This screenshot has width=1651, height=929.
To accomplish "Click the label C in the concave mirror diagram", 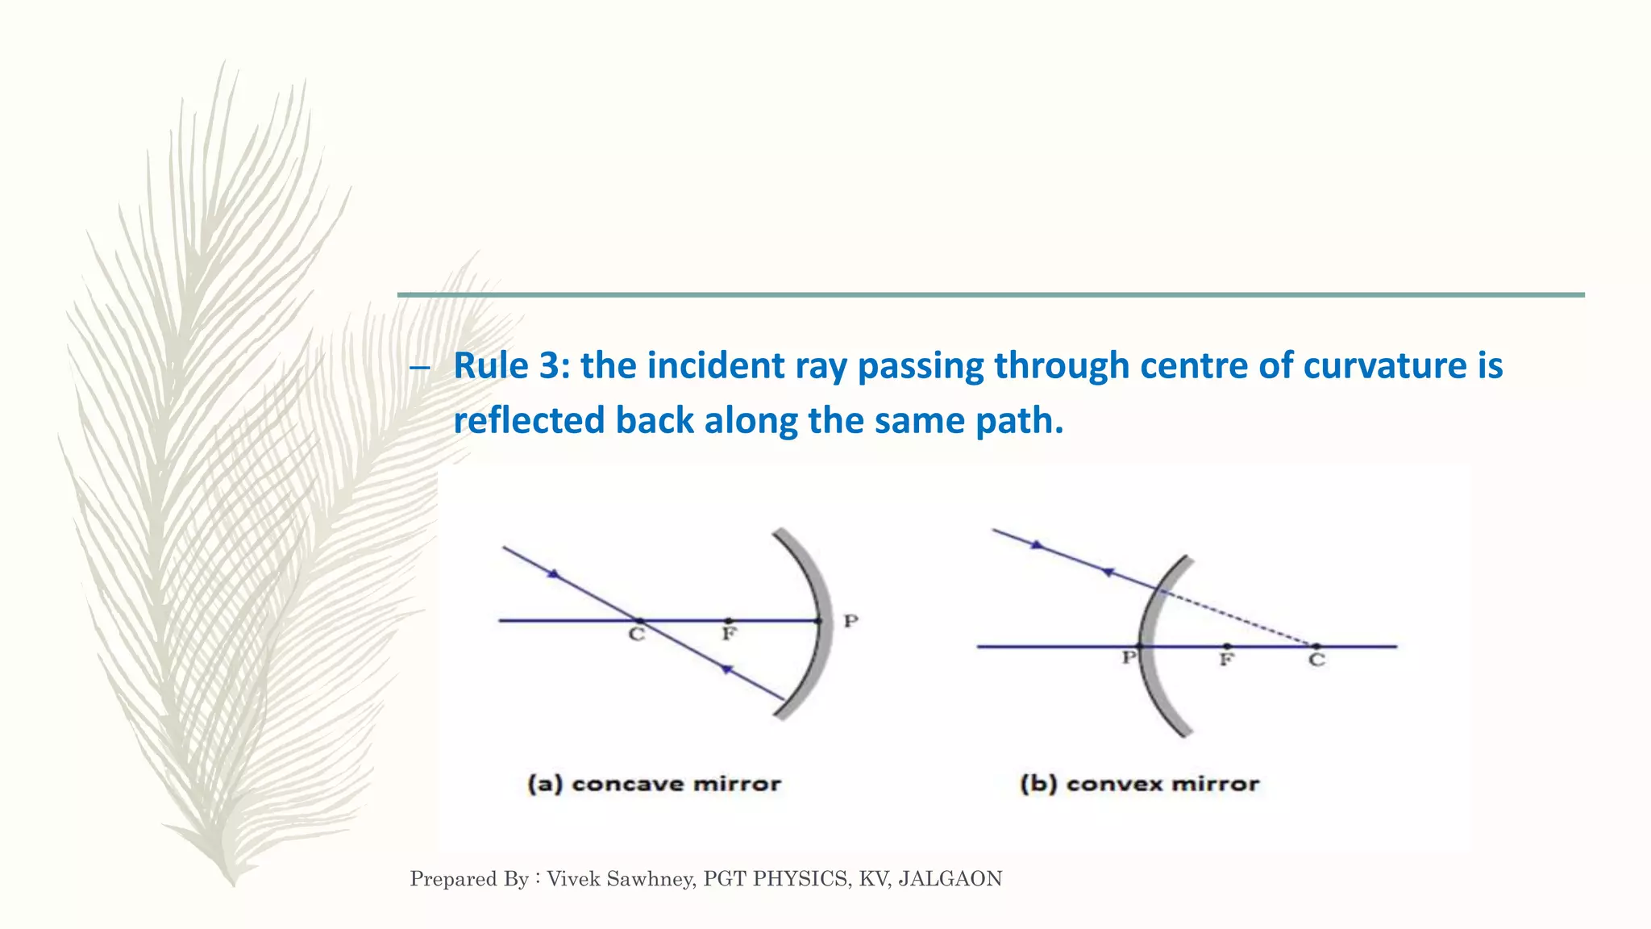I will coord(637,635).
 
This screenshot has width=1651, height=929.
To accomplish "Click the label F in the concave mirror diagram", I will coord(729,634).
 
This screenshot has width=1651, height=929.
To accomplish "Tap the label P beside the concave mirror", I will coord(850,621).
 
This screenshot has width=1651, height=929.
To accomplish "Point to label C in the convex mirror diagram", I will coord(1316,660).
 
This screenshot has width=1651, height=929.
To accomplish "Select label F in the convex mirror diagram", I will coord(1226,660).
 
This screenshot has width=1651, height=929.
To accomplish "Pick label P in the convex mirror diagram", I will coord(1129,658).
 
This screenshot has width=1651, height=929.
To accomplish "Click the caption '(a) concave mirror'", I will coord(654,784).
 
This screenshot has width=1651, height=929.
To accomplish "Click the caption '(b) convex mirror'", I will coord(1139,784).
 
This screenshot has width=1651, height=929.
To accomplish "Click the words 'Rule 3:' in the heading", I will coord(512,365).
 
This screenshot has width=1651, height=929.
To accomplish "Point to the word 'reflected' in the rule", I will coord(529,420).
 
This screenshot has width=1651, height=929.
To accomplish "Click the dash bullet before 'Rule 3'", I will coord(419,369).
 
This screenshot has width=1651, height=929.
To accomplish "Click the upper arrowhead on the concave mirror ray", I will coord(553,574).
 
